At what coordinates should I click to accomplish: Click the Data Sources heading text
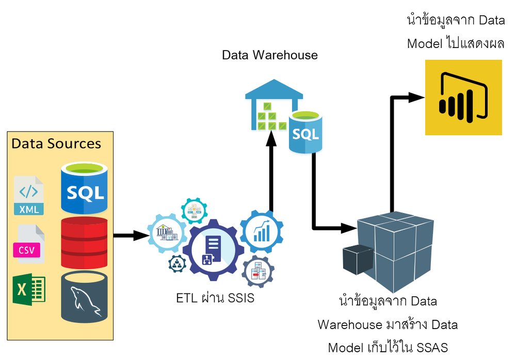click(56, 143)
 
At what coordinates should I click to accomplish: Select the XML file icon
click(29, 195)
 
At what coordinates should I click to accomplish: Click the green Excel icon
click(29, 289)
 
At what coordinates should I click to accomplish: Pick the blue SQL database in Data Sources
click(84, 188)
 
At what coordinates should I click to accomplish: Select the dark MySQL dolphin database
click(84, 296)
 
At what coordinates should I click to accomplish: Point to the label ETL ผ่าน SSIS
click(215, 298)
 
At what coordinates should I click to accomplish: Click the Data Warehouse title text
click(270, 55)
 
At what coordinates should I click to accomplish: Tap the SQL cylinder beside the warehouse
click(306, 132)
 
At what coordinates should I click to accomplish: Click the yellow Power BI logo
click(463, 97)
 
